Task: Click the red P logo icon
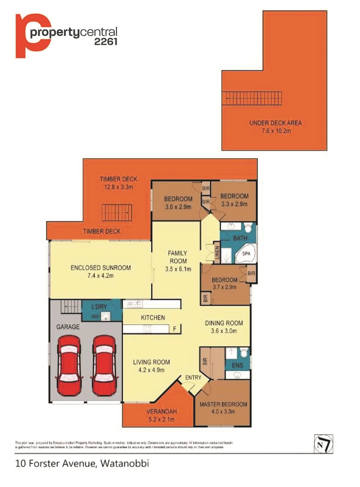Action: click(32, 36)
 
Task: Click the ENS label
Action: click(237, 366)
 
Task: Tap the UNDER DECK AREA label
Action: click(275, 123)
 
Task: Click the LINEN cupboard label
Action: click(216, 253)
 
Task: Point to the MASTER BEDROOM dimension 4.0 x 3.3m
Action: click(223, 411)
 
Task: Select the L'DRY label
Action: click(99, 307)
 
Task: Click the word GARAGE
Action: click(67, 326)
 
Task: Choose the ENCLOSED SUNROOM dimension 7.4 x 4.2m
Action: click(100, 276)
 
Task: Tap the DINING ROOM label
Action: click(224, 323)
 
